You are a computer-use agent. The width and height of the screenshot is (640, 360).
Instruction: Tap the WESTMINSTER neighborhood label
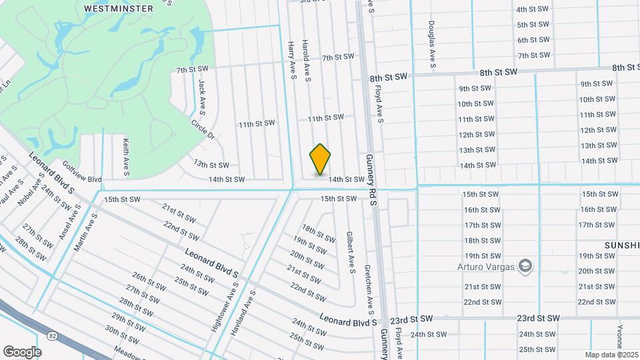119,9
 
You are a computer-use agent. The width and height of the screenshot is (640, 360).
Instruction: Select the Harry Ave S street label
292,60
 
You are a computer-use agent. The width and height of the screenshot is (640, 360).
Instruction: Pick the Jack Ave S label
202,95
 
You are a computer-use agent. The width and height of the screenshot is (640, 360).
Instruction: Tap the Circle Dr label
203,129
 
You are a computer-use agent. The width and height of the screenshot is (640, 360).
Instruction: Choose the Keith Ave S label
125,157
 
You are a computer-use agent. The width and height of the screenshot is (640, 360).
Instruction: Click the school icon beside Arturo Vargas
525,266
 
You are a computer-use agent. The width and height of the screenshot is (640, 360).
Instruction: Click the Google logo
22,351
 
